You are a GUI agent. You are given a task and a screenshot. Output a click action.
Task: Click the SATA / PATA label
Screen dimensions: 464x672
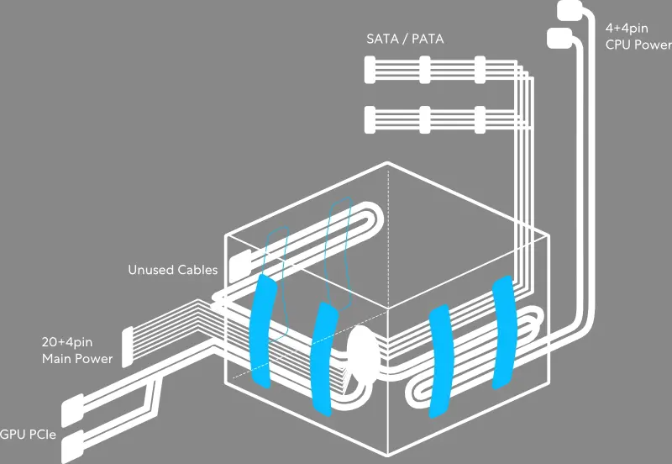point(405,39)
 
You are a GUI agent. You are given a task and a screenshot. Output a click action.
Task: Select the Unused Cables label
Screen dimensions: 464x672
point(172,270)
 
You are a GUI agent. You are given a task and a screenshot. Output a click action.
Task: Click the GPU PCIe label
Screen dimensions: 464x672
point(29,434)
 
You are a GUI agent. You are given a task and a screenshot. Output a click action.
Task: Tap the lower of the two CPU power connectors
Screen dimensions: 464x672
point(559,38)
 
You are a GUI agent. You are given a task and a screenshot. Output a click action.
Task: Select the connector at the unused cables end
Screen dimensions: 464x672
point(239,265)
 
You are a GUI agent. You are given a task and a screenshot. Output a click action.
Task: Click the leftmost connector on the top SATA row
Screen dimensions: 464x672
point(371,69)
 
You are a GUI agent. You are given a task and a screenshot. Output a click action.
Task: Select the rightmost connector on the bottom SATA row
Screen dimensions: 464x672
point(480,119)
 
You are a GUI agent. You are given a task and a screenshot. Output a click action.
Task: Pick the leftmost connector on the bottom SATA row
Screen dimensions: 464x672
point(371,119)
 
